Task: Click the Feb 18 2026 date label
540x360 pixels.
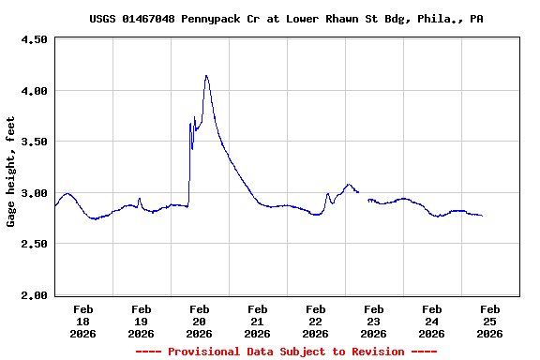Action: [x=83, y=321]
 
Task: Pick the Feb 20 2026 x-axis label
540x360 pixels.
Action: [x=200, y=321]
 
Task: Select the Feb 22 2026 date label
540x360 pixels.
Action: [x=316, y=321]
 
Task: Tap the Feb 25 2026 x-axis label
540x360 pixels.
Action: [x=489, y=321]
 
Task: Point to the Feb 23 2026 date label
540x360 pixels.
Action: [x=374, y=321]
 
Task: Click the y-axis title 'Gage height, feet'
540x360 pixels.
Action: [x=11, y=172]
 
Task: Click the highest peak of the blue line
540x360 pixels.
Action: [x=206, y=76]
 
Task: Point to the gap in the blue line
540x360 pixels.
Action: [x=363, y=195]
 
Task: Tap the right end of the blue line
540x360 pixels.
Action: [x=482, y=216]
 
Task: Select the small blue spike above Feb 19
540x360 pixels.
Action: [x=140, y=199]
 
